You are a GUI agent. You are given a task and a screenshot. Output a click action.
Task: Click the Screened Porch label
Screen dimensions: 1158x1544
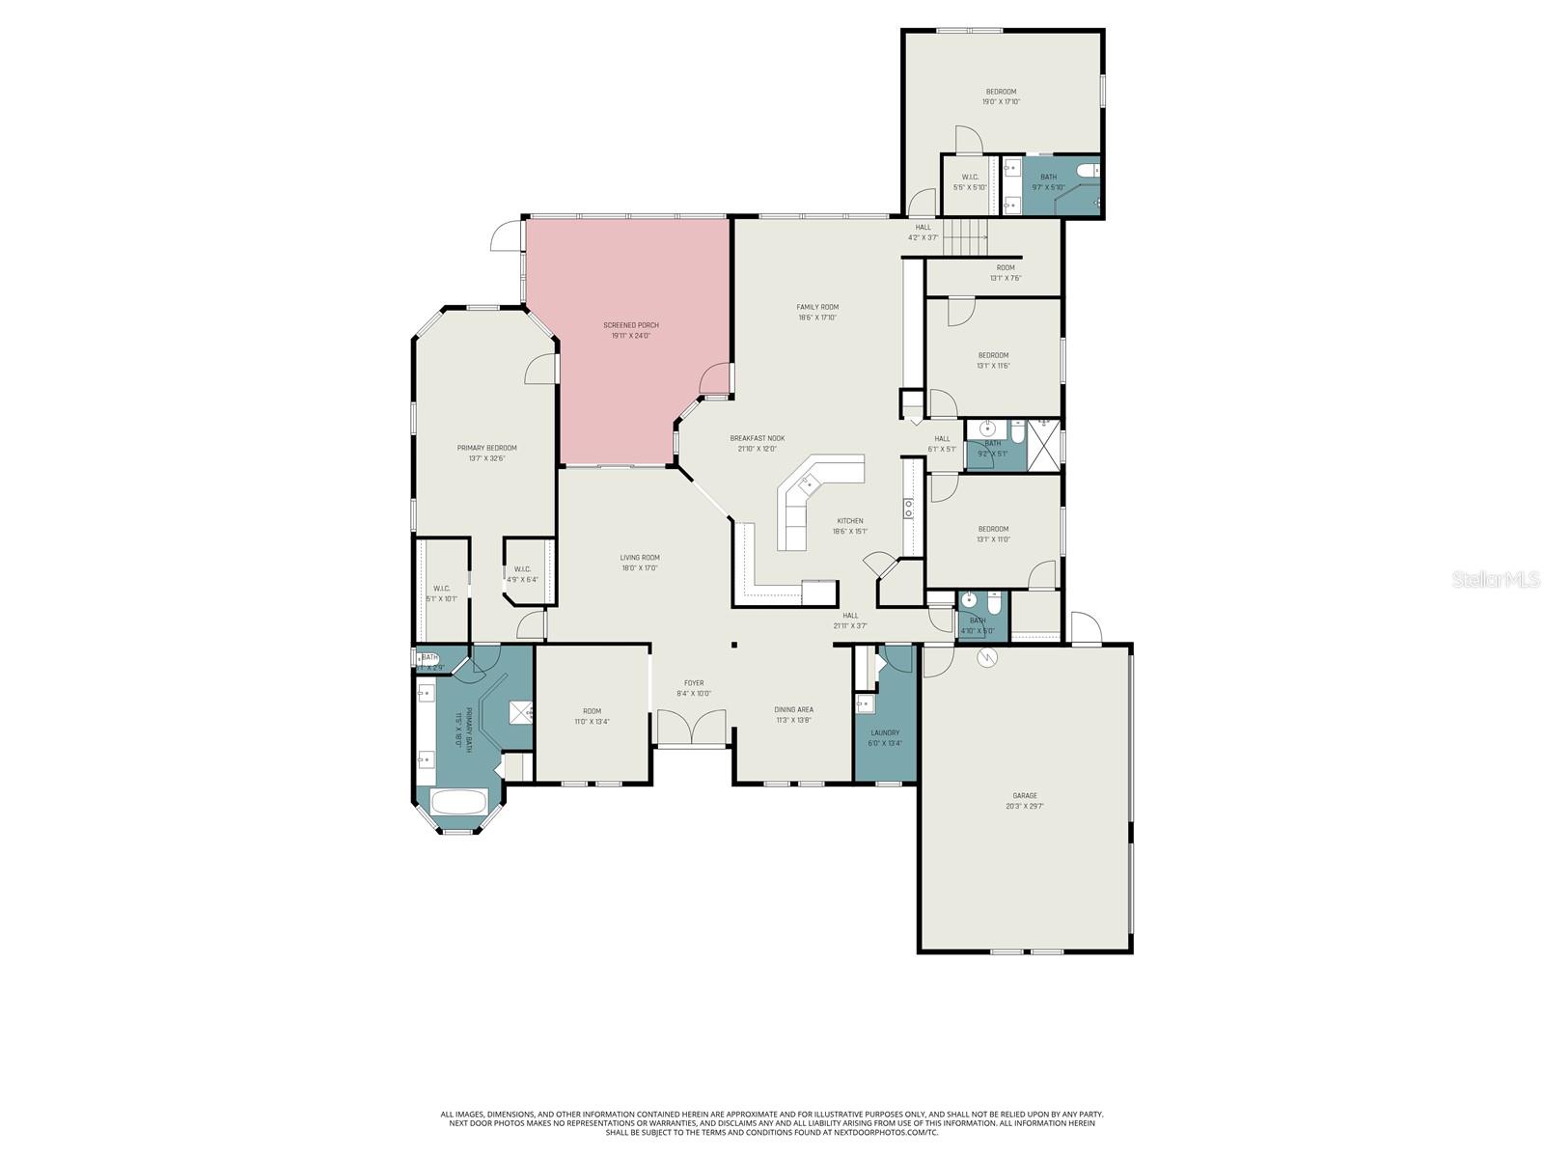click(631, 325)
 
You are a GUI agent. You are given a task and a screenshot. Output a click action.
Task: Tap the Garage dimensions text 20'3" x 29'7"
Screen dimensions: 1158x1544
click(1025, 806)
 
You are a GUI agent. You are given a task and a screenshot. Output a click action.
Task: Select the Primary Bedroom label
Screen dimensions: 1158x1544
click(486, 448)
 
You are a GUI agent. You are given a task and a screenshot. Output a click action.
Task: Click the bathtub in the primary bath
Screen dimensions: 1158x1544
click(458, 803)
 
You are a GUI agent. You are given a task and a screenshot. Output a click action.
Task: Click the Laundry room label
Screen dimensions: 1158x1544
click(885, 732)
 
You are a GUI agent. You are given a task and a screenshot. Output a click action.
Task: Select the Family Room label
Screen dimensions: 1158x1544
click(816, 307)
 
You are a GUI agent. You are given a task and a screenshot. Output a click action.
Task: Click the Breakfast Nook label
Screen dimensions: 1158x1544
click(757, 438)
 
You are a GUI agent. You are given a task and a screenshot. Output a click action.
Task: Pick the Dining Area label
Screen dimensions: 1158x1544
click(793, 709)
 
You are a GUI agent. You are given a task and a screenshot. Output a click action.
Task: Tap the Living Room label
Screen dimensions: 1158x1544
click(640, 557)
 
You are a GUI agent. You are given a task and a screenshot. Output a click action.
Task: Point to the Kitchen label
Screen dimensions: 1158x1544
click(849, 521)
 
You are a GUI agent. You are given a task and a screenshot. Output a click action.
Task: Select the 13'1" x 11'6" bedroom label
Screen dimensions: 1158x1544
click(993, 355)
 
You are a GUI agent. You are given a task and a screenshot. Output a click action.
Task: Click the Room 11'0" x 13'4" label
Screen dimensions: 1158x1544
click(592, 711)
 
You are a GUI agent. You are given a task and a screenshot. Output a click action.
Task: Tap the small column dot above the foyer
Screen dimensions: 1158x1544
click(733, 645)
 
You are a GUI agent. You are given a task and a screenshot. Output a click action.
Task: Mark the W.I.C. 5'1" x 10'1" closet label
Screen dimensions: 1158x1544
click(441, 589)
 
